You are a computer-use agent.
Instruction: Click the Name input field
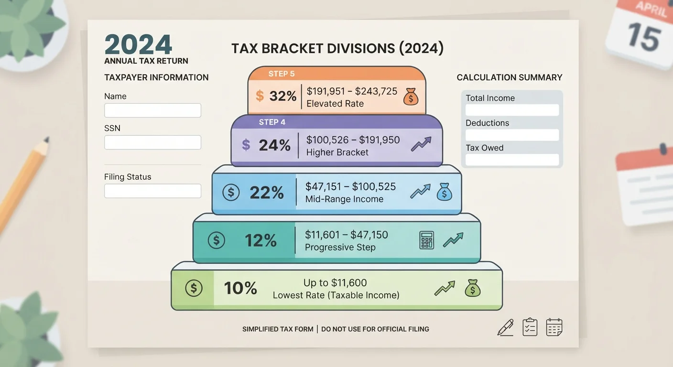click(152, 110)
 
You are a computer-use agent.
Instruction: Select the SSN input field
click(152, 142)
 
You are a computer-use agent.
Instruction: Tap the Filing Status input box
click(152, 191)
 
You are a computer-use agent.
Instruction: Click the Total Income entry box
click(512, 110)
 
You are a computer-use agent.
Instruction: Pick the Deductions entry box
click(512, 135)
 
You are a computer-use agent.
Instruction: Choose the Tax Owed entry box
click(512, 160)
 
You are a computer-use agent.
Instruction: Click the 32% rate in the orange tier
click(282, 96)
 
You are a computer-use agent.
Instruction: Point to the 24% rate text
click(275, 145)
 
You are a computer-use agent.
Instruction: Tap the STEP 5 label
click(282, 74)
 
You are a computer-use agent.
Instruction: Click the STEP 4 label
click(272, 122)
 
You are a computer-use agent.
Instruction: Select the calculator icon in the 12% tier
click(427, 240)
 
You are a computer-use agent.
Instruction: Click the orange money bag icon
click(411, 97)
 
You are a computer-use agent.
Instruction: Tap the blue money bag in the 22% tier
click(445, 192)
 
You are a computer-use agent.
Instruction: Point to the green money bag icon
click(473, 288)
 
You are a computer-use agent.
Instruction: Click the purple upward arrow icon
click(421, 144)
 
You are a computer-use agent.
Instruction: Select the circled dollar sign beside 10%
click(194, 288)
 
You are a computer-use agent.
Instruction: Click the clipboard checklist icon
click(530, 327)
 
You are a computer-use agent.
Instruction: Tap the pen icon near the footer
click(506, 327)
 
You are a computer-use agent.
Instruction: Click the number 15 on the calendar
click(644, 37)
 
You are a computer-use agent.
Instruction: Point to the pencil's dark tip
click(46, 140)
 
